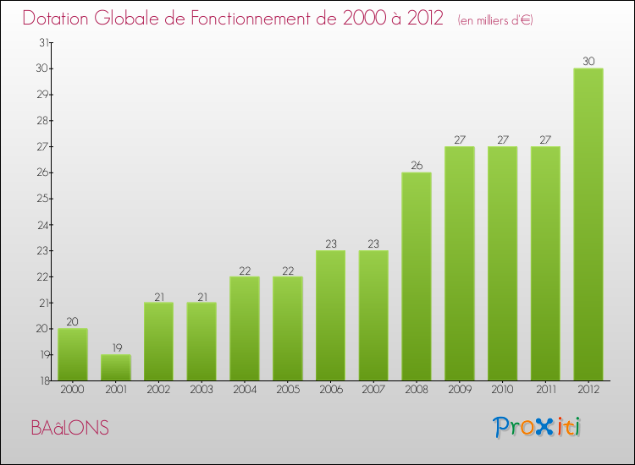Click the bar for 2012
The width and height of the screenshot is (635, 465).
[588, 224]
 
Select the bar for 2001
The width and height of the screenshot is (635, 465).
[116, 367]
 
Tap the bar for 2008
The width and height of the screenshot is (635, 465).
[417, 276]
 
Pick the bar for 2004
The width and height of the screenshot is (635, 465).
[245, 328]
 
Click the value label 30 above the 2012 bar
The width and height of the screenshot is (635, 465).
[588, 61]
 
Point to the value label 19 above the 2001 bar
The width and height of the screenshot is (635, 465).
[116, 347]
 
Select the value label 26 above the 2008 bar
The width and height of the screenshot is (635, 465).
[417, 166]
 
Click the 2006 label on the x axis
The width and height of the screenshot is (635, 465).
[330, 391]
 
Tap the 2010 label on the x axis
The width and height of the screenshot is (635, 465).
[502, 391]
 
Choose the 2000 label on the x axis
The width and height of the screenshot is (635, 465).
[73, 391]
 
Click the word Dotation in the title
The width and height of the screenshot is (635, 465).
[58, 18]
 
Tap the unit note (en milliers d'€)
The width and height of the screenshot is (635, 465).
[495, 19]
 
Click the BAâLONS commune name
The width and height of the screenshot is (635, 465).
[70, 428]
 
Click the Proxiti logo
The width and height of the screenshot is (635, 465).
[538, 427]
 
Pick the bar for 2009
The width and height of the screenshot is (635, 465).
[460, 263]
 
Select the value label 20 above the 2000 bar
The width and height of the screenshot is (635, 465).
[73, 321]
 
